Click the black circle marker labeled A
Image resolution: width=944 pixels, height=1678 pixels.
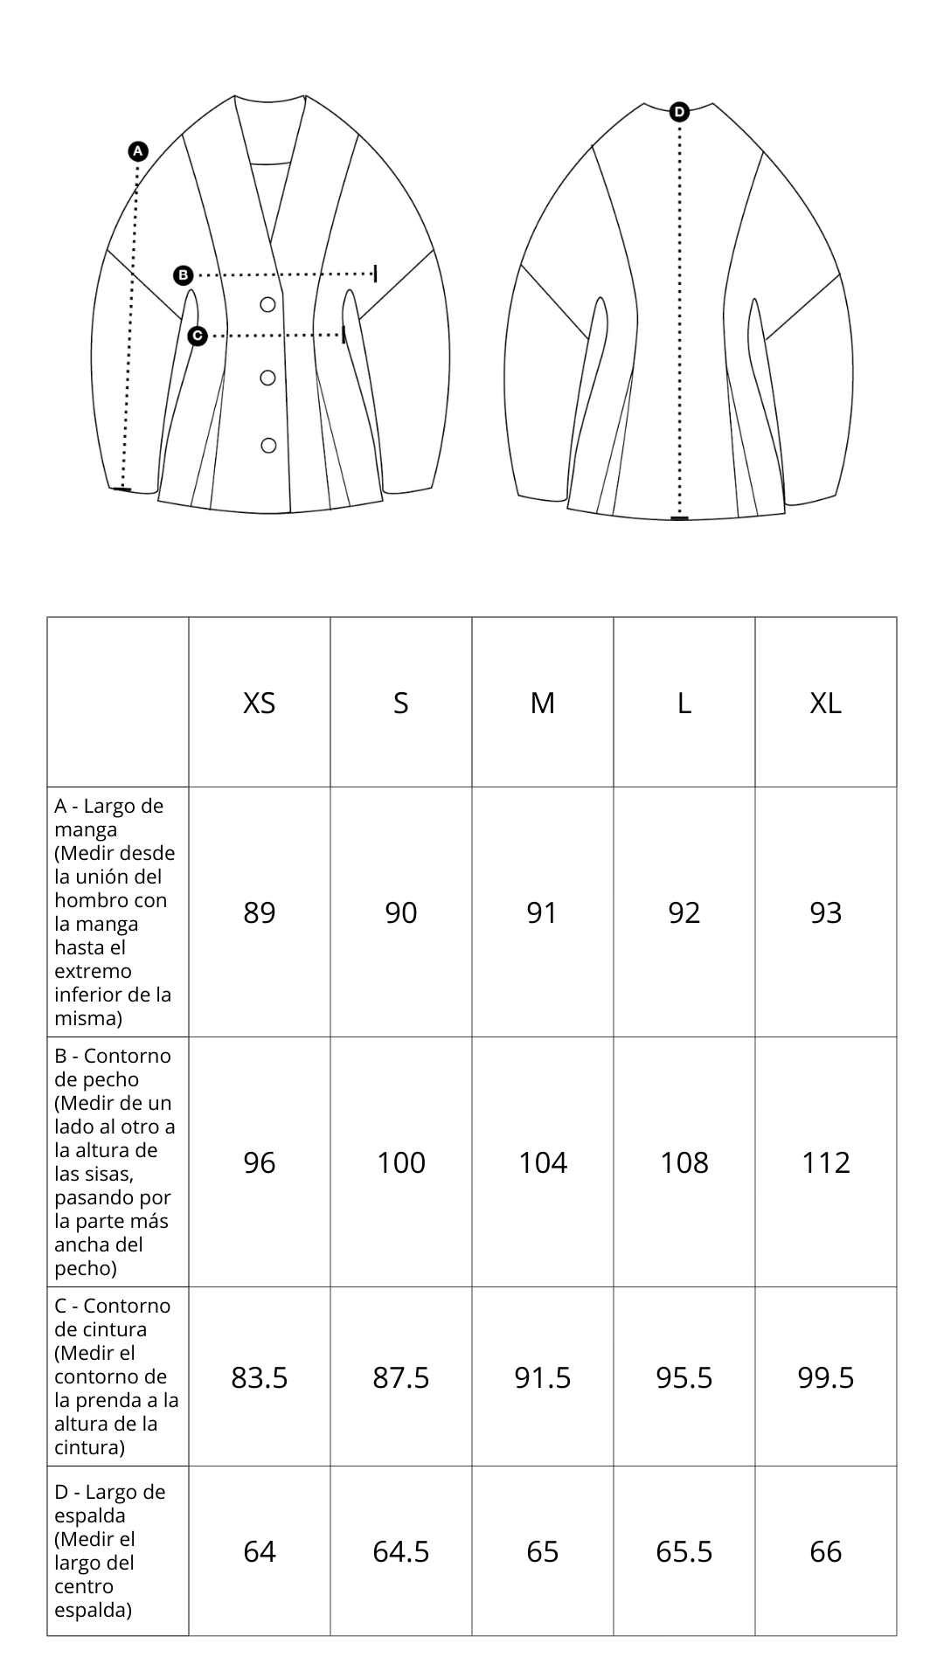[138, 151]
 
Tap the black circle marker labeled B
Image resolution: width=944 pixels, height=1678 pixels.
[183, 275]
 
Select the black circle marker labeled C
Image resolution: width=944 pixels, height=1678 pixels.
[198, 336]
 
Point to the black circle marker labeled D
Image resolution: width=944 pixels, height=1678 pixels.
[679, 112]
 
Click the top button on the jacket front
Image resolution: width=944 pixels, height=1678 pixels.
[268, 304]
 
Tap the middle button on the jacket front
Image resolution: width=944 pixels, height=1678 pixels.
[268, 378]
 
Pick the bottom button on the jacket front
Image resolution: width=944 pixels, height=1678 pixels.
[268, 446]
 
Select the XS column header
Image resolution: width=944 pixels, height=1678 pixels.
[260, 703]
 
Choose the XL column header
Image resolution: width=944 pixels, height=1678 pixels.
[826, 703]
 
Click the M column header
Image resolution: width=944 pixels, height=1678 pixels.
[543, 703]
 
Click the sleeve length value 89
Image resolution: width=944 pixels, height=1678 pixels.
[260, 912]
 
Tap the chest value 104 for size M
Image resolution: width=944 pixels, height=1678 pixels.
[543, 1162]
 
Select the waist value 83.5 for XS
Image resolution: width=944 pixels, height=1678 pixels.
[260, 1377]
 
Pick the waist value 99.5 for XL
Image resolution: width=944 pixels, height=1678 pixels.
[826, 1377]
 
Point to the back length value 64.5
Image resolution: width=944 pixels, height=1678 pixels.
[401, 1551]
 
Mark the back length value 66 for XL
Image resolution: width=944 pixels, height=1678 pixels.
[826, 1551]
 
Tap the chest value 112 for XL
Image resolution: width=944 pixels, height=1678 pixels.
[826, 1162]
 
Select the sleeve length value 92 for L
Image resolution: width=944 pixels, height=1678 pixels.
[684, 912]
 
